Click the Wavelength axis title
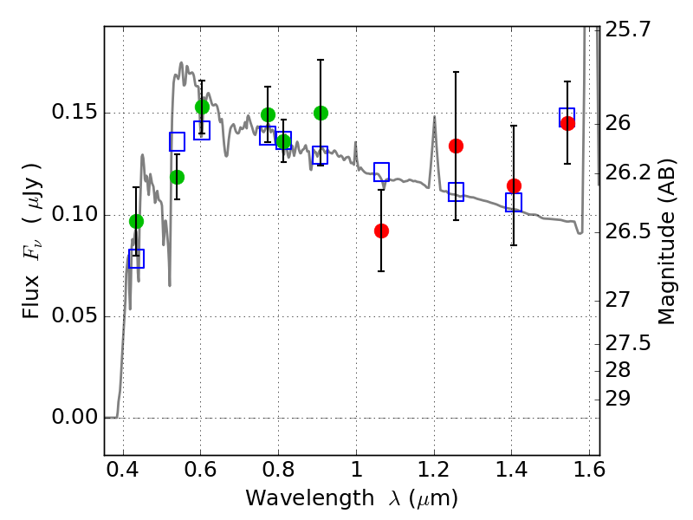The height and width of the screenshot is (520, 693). pyautogui.click(x=351, y=498)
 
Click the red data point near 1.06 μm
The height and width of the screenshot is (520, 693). pyautogui.click(x=381, y=231)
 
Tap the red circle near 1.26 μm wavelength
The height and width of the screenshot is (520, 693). pyautogui.click(x=456, y=146)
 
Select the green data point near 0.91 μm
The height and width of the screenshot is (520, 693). pyautogui.click(x=321, y=113)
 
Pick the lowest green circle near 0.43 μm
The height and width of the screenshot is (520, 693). pyautogui.click(x=136, y=221)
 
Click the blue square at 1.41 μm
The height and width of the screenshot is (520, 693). pyautogui.click(x=514, y=202)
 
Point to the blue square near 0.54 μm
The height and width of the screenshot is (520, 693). pyautogui.click(x=177, y=141)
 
